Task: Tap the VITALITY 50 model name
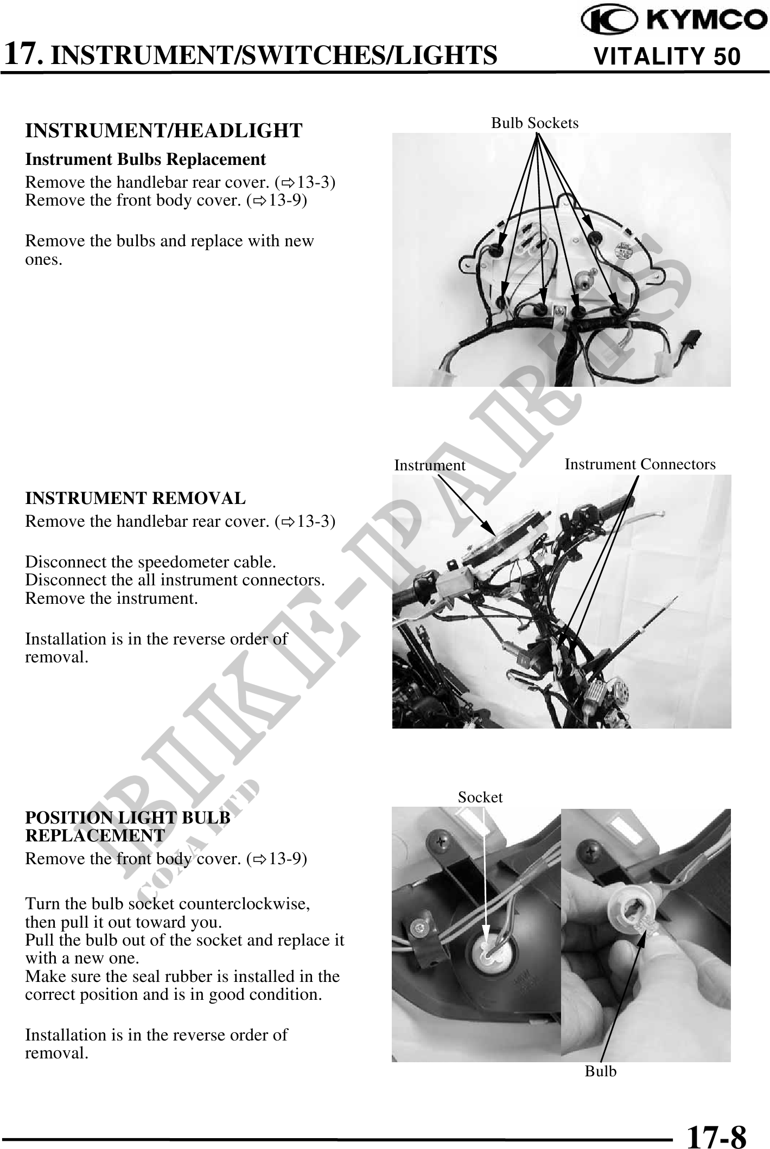tap(667, 56)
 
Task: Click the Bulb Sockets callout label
tap(534, 123)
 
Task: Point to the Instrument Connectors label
tap(640, 464)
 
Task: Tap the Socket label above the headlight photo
tap(480, 797)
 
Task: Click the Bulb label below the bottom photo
tap(601, 1071)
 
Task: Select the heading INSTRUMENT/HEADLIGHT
tap(164, 131)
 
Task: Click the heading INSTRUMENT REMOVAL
tap(136, 497)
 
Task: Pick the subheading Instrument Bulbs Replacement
tap(146, 159)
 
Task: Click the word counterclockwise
tap(245, 904)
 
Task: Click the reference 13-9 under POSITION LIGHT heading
tap(288, 859)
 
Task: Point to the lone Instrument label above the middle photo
tap(430, 465)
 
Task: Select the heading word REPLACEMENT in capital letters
tap(95, 835)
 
